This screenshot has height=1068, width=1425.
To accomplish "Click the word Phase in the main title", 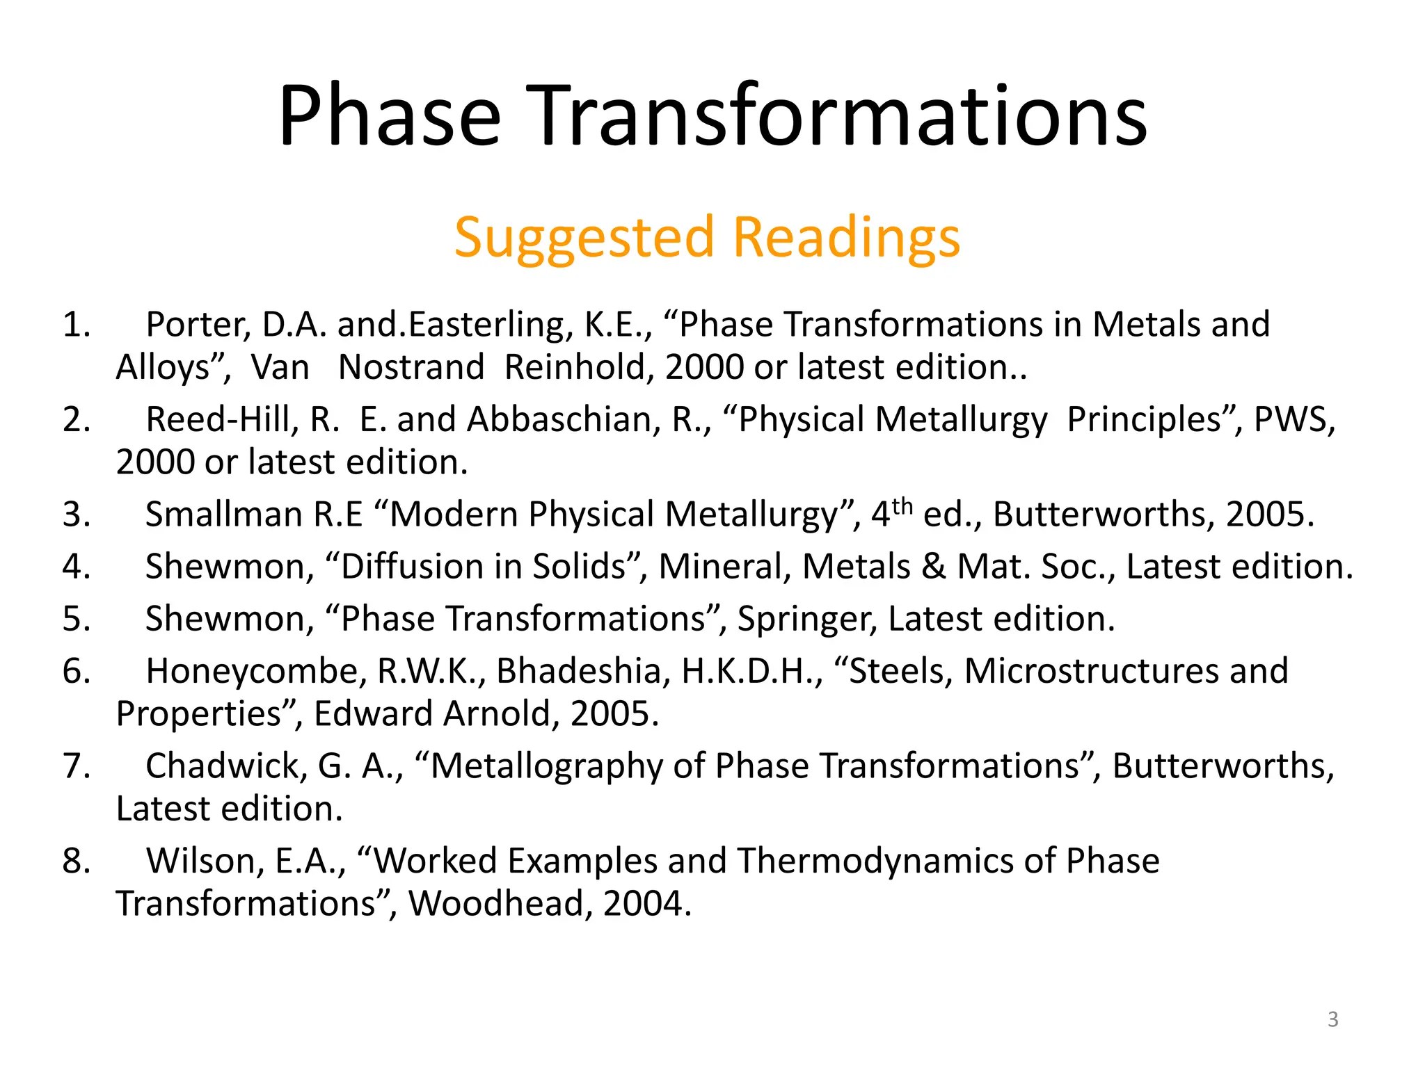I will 390,117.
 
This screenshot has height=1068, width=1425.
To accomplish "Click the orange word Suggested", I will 584,238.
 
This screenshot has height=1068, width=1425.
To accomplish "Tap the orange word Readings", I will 846,238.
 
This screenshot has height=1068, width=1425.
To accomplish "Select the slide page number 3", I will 1332,1019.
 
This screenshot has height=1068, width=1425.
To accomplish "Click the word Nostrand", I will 411,367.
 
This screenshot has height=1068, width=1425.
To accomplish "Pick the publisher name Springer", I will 806,619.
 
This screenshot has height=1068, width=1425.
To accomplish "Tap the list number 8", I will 76,861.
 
